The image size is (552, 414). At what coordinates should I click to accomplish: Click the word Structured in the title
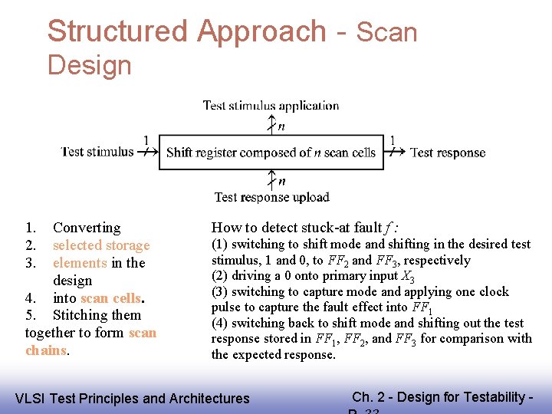[x=117, y=31]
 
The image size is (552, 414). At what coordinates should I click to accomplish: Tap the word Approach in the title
[x=261, y=31]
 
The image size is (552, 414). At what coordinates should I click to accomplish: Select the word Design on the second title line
[x=89, y=65]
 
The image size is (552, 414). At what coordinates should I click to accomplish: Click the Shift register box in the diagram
[x=271, y=153]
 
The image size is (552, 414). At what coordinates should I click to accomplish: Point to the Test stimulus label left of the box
[x=97, y=152]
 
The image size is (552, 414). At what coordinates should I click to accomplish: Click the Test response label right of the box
[x=448, y=153]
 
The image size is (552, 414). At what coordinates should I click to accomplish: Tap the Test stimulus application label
[x=271, y=106]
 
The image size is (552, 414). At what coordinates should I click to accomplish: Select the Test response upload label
[x=271, y=197]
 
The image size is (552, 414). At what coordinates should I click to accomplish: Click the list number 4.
[x=30, y=297]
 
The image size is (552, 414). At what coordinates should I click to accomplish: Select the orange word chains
[x=46, y=350]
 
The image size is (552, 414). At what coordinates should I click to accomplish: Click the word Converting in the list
[x=87, y=228]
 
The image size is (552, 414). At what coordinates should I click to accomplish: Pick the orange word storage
[x=128, y=245]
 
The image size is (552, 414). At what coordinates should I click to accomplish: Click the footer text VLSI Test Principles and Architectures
[x=133, y=398]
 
